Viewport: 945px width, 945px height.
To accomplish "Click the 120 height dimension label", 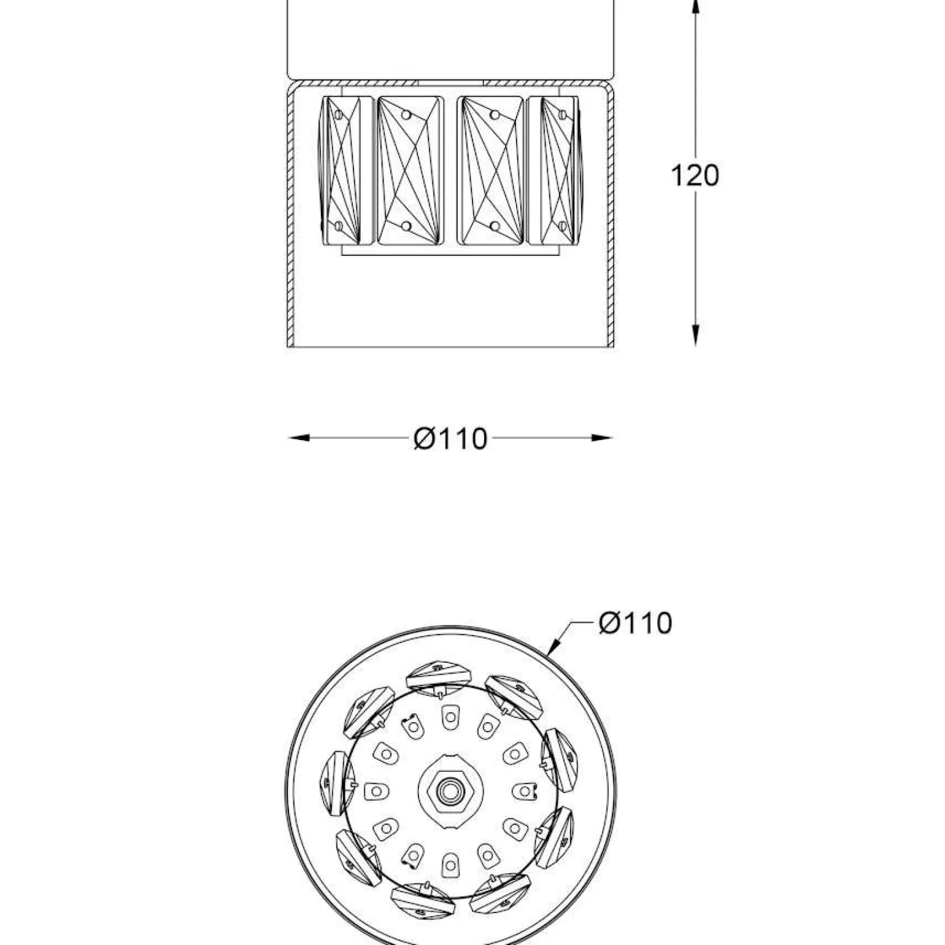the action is point(695,176).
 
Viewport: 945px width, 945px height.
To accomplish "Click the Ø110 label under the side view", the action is point(451,439).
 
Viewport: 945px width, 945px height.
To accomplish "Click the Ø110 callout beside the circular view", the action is point(635,623).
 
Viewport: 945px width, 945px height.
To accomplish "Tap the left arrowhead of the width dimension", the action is point(298,438).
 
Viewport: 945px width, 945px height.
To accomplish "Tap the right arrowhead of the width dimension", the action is point(602,438).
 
